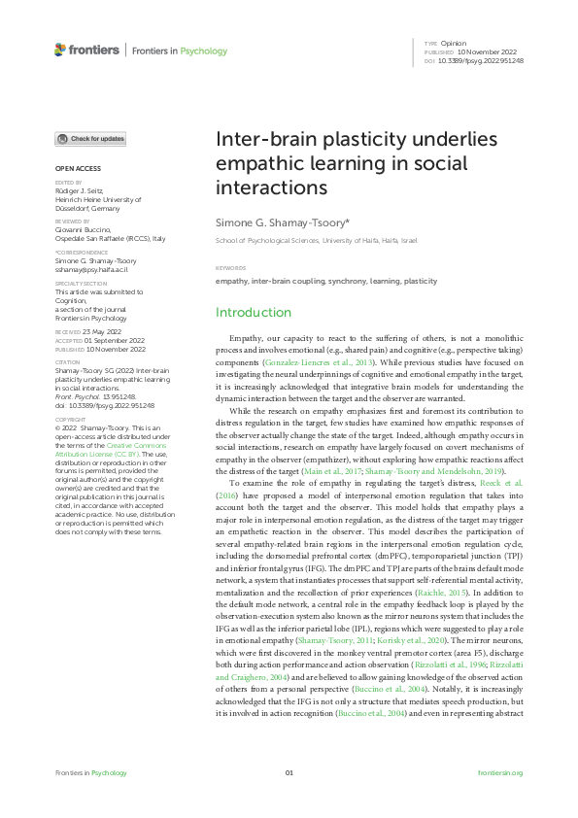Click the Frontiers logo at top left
click(87, 50)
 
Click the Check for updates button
click(90, 139)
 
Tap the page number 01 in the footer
click(289, 772)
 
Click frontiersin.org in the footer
click(500, 772)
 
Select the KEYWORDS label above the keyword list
click(231, 267)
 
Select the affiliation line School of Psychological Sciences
click(316, 239)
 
